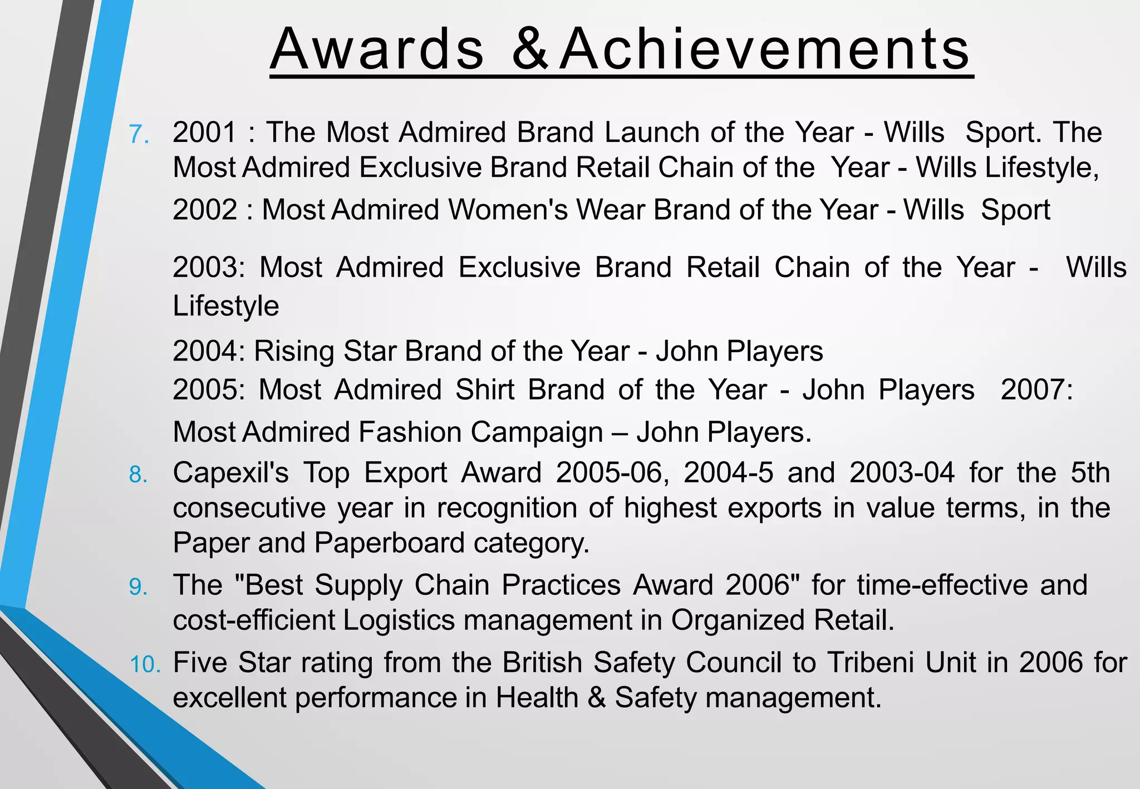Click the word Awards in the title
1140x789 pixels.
pyautogui.click(x=377, y=50)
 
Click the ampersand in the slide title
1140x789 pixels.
pyautogui.click(x=530, y=50)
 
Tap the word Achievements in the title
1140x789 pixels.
pyautogui.click(x=765, y=50)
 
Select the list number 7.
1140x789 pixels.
pyautogui.click(x=139, y=134)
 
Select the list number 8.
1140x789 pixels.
pyautogui.click(x=139, y=475)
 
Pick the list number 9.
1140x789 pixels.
pyautogui.click(x=139, y=587)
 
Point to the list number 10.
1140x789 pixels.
pyautogui.click(x=145, y=664)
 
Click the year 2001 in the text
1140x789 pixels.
pyautogui.click(x=205, y=132)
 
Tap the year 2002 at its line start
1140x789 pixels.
pyautogui.click(x=205, y=210)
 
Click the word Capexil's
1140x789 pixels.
pyautogui.click(x=230, y=473)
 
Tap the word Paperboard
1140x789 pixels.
pyautogui.click(x=390, y=543)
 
